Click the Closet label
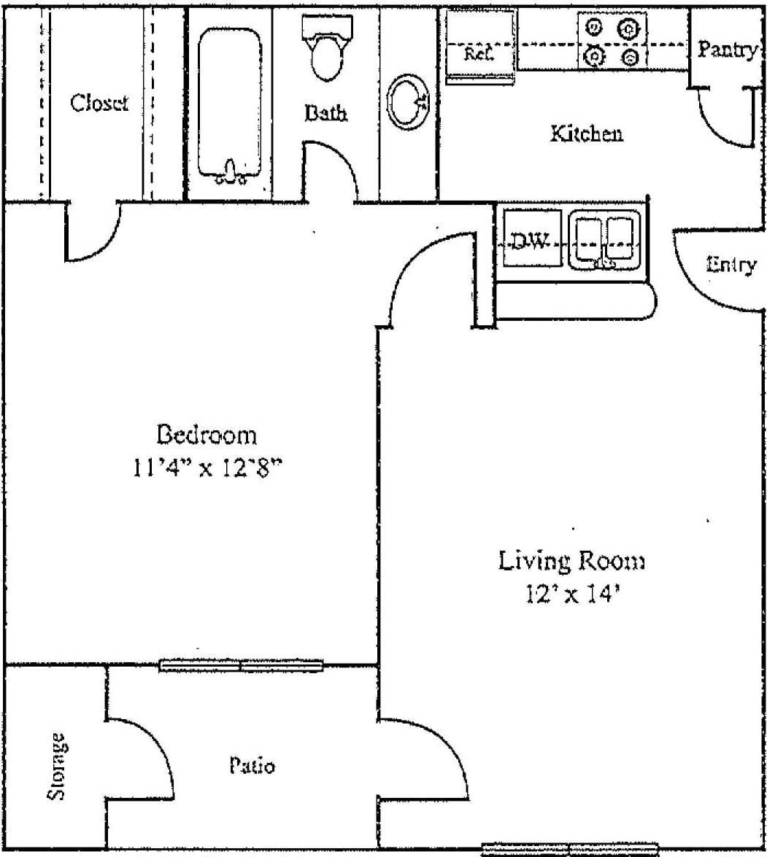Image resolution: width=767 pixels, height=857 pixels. coord(99,103)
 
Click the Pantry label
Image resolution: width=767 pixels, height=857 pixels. coord(726,50)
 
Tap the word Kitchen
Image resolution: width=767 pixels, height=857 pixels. coord(586,133)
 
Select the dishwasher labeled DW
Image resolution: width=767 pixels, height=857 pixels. coord(529,241)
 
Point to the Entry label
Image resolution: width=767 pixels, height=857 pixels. coord(731,265)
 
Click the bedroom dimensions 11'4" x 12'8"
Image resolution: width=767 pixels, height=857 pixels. coord(207,468)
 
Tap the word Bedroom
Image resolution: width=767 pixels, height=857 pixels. coord(207,435)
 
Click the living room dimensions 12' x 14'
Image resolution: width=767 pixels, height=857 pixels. coord(571,594)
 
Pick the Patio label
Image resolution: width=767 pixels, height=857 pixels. coord(252,766)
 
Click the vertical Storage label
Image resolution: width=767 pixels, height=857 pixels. coord(57,766)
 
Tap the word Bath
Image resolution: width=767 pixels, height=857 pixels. coord(325,113)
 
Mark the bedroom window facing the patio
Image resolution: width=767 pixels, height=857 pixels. coord(241,665)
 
